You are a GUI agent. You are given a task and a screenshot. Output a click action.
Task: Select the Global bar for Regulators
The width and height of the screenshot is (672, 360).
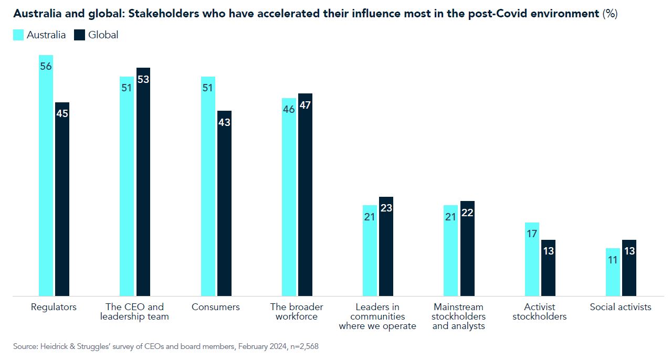[62, 199]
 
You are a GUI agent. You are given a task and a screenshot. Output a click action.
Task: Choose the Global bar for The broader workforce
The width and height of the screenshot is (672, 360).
[305, 195]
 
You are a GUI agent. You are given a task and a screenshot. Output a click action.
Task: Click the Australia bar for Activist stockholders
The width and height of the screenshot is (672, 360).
[532, 259]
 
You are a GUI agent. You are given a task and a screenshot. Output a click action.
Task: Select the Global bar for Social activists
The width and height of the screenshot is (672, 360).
[629, 268]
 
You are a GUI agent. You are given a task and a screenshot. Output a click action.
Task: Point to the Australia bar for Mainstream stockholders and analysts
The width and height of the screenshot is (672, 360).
[450, 251]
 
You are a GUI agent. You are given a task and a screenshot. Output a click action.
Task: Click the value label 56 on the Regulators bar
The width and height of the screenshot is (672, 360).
[46, 67]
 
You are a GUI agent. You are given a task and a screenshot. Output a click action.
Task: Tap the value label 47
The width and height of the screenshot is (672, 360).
[305, 105]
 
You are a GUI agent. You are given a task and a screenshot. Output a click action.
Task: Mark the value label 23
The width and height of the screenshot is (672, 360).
[386, 208]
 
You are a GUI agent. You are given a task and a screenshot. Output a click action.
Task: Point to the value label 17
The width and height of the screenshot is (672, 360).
[532, 234]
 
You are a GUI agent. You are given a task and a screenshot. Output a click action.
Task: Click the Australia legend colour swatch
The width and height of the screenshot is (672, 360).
[18, 35]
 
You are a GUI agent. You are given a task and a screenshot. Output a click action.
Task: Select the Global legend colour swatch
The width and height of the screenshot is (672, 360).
[79, 35]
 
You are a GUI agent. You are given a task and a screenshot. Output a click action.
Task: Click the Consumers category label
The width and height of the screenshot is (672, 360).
[216, 307]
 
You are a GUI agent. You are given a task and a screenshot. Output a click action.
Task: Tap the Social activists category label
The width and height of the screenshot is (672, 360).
[621, 307]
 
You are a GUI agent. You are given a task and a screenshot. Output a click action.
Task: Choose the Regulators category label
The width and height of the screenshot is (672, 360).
[54, 307]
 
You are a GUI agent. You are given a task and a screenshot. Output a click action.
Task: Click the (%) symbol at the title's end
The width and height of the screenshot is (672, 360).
[610, 14]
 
